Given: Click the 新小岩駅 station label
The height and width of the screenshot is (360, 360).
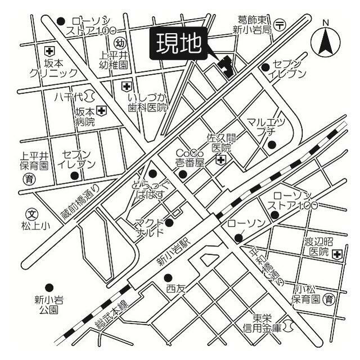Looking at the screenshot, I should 174,251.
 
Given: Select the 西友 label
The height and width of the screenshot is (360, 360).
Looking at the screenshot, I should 175,289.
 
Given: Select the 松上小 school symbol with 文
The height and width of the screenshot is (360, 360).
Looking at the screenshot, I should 31,214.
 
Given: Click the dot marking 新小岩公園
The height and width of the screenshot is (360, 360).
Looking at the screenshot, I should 49,287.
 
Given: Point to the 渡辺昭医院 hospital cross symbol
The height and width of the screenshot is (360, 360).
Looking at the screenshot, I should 336,255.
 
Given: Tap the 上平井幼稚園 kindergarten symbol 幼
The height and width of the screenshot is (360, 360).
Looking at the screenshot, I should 119,43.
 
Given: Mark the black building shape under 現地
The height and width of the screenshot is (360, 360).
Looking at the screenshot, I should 226,66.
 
